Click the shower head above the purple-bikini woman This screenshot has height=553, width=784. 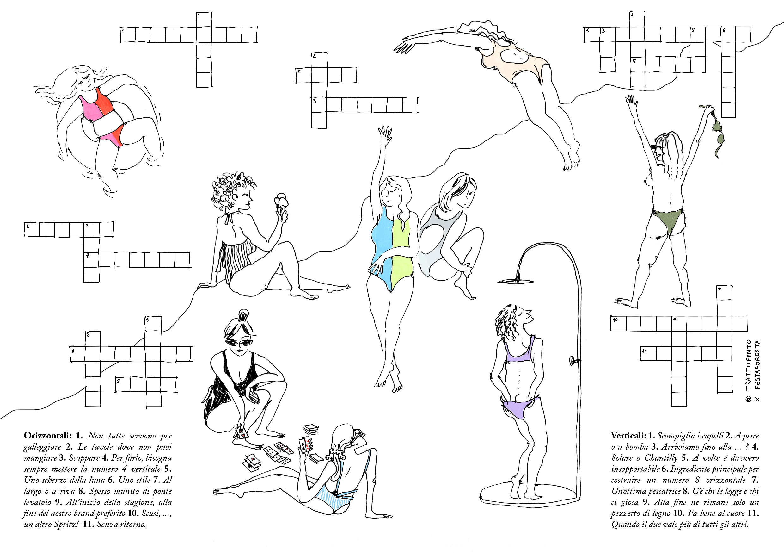pos(515,281)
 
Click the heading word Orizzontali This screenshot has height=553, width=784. pos(47,436)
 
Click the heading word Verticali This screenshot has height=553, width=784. pos(628,436)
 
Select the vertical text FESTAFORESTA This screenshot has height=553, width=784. pos(757,365)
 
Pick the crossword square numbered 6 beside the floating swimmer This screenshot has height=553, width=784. pos(31,229)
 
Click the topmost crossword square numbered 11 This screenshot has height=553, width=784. pos(724,293)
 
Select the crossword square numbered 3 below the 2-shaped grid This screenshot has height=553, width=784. pos(319,105)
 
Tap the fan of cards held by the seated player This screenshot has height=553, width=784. pos(306,445)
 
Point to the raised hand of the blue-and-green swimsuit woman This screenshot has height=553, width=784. pos(386,135)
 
